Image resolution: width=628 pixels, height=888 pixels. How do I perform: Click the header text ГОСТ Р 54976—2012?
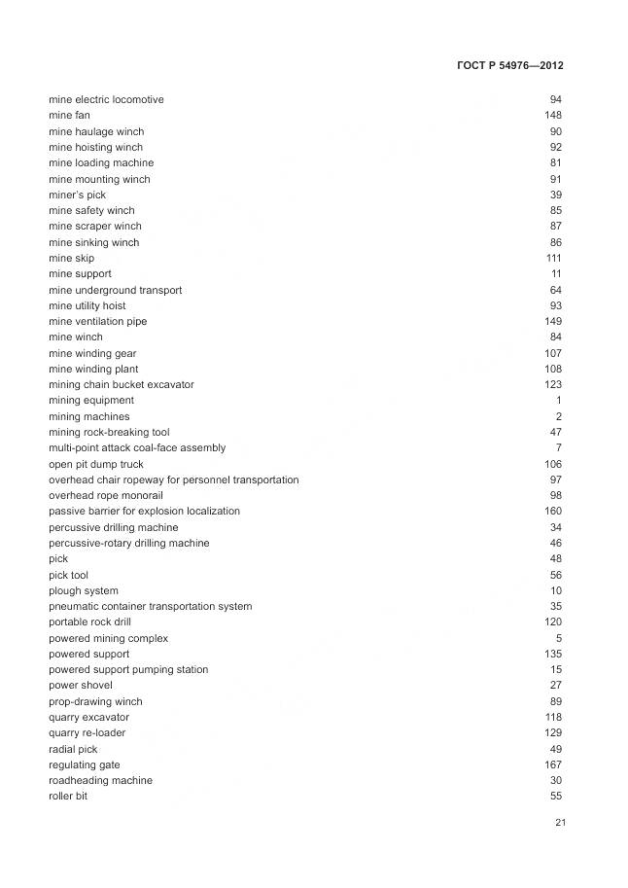(x=509, y=65)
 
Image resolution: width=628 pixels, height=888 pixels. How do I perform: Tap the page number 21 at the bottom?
(x=560, y=823)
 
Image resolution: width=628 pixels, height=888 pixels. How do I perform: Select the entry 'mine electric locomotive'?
(x=106, y=100)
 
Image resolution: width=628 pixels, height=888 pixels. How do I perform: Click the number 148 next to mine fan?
(x=553, y=116)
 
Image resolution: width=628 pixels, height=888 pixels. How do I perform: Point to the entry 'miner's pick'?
(x=77, y=195)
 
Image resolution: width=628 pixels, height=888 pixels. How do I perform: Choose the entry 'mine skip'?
(x=72, y=259)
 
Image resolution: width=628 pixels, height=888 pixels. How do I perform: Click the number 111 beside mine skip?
(x=554, y=259)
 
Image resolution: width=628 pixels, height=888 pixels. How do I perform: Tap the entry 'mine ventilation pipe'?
(x=97, y=322)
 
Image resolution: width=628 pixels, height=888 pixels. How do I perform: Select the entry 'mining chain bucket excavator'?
(x=121, y=385)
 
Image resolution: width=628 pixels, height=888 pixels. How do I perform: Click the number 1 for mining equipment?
(x=559, y=401)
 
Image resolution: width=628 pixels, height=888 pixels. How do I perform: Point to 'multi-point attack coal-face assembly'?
(x=137, y=448)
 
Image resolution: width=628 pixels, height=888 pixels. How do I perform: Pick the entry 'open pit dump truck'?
(x=95, y=465)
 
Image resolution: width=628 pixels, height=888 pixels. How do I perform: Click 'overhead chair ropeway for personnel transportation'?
(x=174, y=480)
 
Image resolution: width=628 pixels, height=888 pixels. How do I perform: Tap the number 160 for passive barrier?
(x=553, y=512)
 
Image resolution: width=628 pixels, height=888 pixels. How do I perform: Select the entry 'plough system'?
(x=84, y=591)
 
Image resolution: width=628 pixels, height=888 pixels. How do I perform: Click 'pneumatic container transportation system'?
(x=150, y=607)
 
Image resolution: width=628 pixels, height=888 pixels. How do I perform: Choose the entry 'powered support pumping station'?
(x=128, y=670)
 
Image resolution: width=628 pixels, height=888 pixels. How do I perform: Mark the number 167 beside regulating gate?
(x=553, y=765)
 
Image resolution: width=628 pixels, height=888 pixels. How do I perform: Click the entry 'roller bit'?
(x=68, y=797)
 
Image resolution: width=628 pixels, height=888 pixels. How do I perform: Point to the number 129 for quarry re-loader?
(x=553, y=733)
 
